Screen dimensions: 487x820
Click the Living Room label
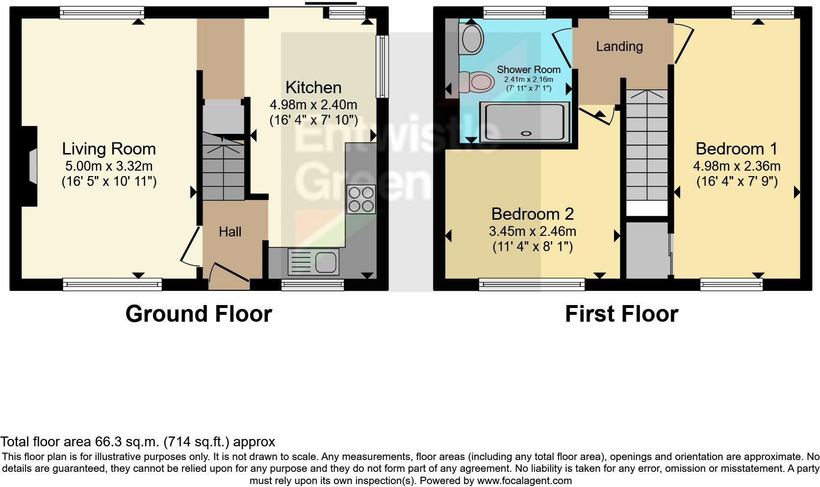[x=109, y=149]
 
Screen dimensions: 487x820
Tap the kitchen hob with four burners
[x=361, y=199]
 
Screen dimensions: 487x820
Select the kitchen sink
[x=326, y=261]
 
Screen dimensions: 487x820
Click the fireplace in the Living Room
[x=32, y=166]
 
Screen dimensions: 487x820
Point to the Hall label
[x=230, y=231]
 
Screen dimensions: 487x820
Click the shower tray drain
[x=527, y=133]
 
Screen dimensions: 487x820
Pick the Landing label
[x=619, y=47]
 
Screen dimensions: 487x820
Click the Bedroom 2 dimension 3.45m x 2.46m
[x=532, y=231]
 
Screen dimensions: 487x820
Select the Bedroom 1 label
[x=736, y=149]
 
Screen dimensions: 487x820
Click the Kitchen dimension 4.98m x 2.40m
[x=313, y=104]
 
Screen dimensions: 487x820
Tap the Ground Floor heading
[x=199, y=314]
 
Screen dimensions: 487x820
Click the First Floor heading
[x=621, y=314]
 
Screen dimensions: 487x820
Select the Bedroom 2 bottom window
[x=532, y=283]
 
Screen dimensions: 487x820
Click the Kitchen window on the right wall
[x=382, y=66]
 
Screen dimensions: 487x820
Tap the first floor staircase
[x=647, y=147]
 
